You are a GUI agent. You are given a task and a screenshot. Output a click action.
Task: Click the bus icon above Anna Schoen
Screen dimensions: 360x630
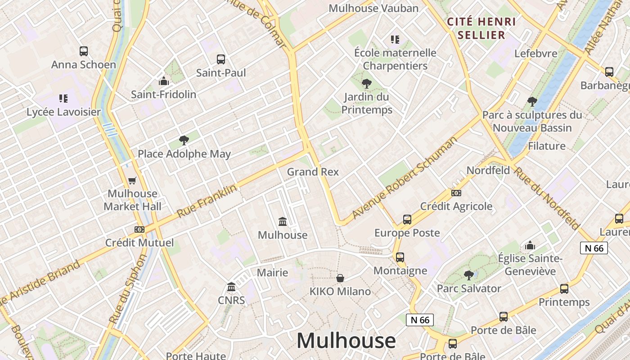point(84,51)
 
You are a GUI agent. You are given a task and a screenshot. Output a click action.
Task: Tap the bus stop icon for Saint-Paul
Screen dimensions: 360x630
point(221,59)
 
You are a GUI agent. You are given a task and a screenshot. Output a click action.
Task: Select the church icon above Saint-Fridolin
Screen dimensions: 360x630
point(164,81)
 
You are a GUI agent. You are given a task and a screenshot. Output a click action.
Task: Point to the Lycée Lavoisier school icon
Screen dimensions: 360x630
point(63,99)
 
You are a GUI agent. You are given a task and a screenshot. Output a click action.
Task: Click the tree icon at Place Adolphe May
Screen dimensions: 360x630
point(184,140)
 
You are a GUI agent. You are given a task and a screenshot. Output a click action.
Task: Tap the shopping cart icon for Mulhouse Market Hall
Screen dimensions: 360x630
point(132,180)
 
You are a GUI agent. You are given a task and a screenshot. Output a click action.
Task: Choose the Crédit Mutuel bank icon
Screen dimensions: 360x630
point(139,229)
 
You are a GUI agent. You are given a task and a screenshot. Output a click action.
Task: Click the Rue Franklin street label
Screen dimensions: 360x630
point(207,201)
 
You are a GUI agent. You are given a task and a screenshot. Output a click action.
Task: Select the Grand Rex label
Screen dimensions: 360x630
point(313,172)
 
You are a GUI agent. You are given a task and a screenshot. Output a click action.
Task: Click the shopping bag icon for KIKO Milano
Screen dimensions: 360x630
point(340,278)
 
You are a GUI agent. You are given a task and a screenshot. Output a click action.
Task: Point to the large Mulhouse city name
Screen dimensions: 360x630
point(346,341)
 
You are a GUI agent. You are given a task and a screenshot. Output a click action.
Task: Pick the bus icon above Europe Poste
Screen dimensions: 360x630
point(407,220)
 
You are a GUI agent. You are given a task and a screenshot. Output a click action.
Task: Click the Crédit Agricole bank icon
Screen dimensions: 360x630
point(456,193)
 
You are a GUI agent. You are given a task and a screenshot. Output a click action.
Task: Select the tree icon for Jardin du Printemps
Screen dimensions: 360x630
point(367,83)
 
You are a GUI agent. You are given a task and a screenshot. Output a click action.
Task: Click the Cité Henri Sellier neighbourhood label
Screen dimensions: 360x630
point(481,28)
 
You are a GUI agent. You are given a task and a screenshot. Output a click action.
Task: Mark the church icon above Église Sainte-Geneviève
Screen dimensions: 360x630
point(530,245)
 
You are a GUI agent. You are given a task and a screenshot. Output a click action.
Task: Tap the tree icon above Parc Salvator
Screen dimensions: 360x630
point(469,275)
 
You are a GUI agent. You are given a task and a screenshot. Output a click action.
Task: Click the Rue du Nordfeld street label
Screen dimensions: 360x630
point(547,198)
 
